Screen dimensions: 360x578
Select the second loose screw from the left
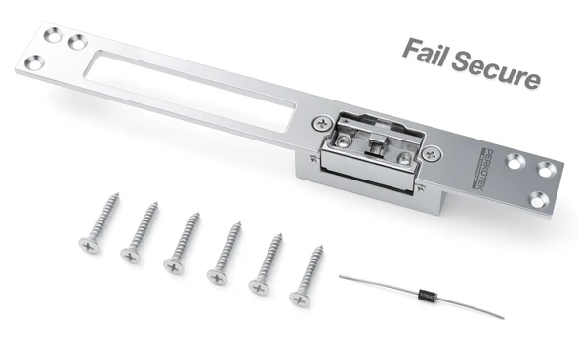pos(141,230)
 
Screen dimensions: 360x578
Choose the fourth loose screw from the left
pos(225,253)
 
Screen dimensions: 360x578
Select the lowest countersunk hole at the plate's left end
pos(32,61)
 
